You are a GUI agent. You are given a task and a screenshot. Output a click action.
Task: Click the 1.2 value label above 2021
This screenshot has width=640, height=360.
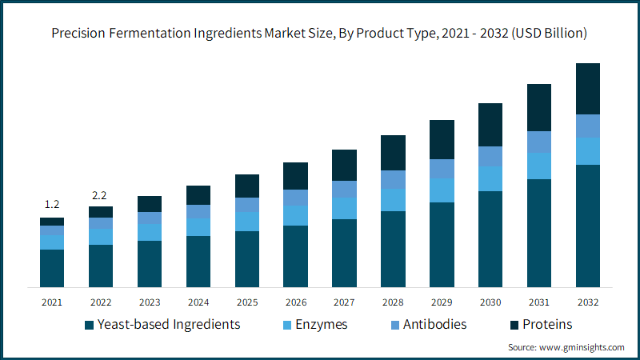click(x=52, y=205)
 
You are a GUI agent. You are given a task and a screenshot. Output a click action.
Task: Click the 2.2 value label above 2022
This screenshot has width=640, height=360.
click(x=101, y=194)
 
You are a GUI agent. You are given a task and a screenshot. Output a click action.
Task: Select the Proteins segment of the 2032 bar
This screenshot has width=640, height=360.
click(x=588, y=89)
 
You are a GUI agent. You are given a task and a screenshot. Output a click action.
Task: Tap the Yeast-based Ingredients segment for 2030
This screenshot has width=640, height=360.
click(x=490, y=238)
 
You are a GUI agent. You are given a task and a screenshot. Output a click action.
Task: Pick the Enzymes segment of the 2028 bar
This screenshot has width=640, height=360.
click(x=393, y=200)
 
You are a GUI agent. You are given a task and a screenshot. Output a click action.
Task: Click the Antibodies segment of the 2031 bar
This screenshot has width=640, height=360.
click(x=539, y=142)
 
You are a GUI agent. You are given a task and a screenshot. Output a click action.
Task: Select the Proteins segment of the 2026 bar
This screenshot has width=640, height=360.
click(x=296, y=176)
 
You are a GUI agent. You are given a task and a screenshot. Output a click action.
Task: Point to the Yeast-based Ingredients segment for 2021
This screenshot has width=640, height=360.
click(x=52, y=268)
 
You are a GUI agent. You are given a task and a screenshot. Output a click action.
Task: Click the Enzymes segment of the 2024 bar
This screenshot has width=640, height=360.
click(x=198, y=227)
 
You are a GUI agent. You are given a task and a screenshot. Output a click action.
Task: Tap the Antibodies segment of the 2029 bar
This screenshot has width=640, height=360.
click(x=442, y=169)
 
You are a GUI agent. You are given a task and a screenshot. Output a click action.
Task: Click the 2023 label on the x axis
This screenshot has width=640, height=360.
click(x=150, y=302)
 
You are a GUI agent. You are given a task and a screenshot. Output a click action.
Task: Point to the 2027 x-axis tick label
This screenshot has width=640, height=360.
click(x=344, y=302)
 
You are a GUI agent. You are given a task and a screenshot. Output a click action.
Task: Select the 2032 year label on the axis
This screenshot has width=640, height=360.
click(x=588, y=302)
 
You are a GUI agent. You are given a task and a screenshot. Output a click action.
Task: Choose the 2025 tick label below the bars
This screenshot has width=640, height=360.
click(x=247, y=302)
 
